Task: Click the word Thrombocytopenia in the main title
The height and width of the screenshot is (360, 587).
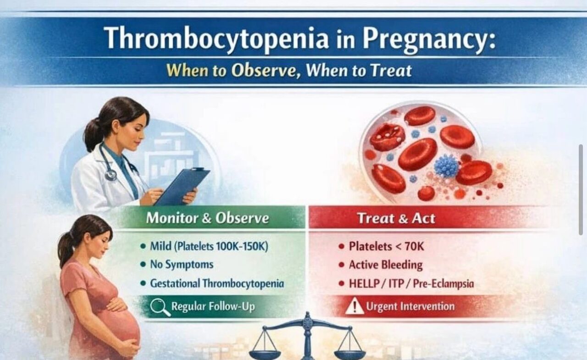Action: tap(216, 38)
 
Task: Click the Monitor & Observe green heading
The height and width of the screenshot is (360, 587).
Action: tap(207, 218)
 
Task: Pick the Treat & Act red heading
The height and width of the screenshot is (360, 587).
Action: tap(396, 218)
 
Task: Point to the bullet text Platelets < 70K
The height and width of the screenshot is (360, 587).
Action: tap(386, 246)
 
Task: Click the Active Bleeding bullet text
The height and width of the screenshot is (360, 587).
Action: tap(385, 265)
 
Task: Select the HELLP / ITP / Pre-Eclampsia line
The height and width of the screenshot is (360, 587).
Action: tap(411, 283)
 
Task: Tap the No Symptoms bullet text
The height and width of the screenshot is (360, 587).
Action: tap(182, 265)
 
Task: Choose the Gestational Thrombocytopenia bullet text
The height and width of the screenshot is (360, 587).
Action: tap(216, 283)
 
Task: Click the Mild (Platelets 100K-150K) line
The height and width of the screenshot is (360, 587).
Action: tap(209, 246)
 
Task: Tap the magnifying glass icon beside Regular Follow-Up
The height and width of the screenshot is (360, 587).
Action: tap(159, 306)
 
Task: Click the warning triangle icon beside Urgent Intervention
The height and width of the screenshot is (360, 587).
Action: tap(354, 306)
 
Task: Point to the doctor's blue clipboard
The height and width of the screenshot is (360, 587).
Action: tap(182, 186)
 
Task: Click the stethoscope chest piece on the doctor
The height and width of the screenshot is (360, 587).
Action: tap(111, 175)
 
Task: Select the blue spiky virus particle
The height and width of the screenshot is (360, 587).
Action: tap(446, 166)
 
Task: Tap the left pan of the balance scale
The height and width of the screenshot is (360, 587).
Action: tap(266, 354)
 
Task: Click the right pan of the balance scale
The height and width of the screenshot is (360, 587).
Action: tap(349, 354)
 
